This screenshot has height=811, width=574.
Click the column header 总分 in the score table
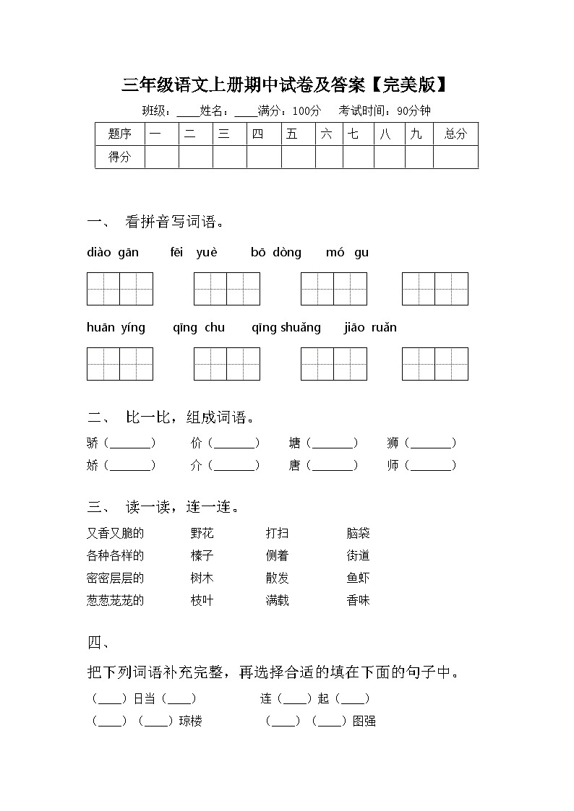(455, 134)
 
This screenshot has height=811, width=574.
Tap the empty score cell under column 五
(298, 157)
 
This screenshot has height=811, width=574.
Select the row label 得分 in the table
(119, 157)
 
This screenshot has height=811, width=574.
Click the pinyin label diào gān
(112, 253)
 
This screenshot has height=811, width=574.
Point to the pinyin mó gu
(347, 253)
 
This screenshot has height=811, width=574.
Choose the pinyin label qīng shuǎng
(286, 328)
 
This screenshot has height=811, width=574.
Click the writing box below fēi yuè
(226, 289)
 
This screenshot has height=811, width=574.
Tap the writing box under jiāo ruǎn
(434, 364)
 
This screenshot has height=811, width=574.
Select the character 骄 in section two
(93, 443)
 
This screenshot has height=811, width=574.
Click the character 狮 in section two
(393, 443)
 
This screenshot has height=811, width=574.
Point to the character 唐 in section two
(294, 466)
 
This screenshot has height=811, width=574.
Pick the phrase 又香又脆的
(115, 534)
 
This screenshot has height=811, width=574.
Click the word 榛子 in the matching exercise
(202, 556)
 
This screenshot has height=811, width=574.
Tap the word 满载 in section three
(277, 600)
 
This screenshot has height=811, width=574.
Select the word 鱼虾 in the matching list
(358, 578)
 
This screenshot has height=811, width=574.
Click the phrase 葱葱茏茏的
(115, 600)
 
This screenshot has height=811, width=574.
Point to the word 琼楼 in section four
(190, 721)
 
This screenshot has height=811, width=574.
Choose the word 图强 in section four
(364, 721)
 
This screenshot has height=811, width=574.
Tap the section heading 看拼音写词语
(174, 222)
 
